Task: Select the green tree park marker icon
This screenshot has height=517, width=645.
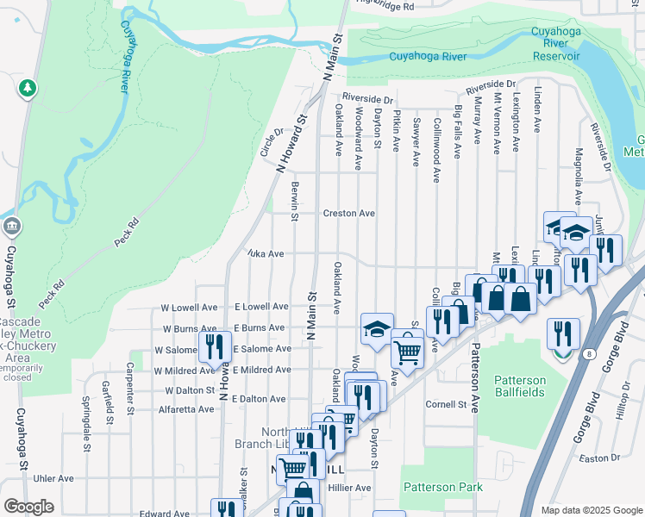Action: click(28, 88)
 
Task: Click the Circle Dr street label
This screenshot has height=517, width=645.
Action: click(272, 143)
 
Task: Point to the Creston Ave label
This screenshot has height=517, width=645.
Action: click(348, 213)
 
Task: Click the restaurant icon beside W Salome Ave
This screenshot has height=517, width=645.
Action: click(212, 347)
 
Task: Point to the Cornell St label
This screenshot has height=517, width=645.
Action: click(446, 404)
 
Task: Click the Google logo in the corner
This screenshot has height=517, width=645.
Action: click(28, 507)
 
